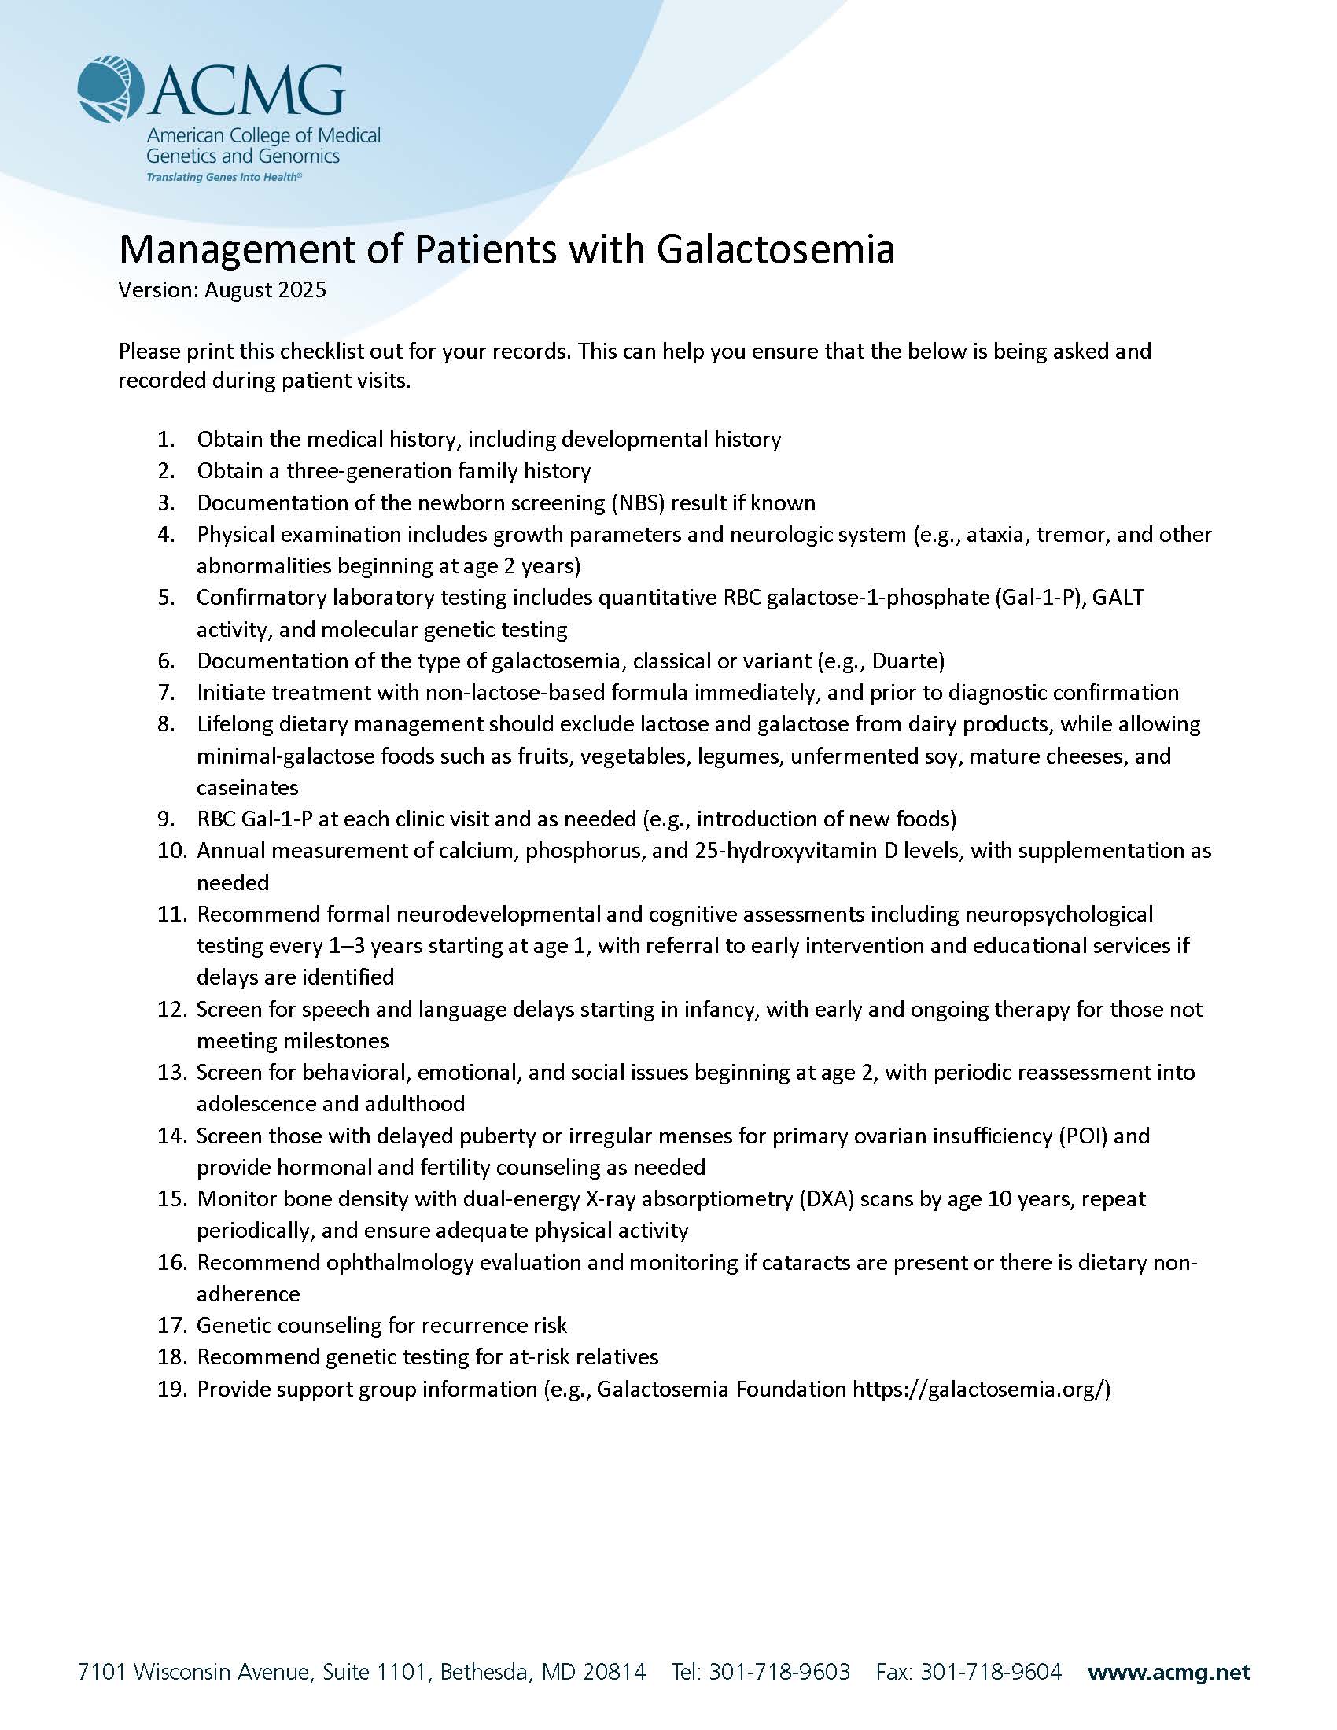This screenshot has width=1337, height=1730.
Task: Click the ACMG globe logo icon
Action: pos(110,89)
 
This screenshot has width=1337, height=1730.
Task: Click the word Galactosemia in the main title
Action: pos(776,249)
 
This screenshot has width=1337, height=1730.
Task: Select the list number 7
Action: pos(166,692)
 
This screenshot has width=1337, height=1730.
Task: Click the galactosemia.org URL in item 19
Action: pos(982,1390)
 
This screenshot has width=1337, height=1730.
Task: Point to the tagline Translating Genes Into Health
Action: pos(224,178)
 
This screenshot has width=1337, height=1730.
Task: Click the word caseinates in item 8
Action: pos(247,787)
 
